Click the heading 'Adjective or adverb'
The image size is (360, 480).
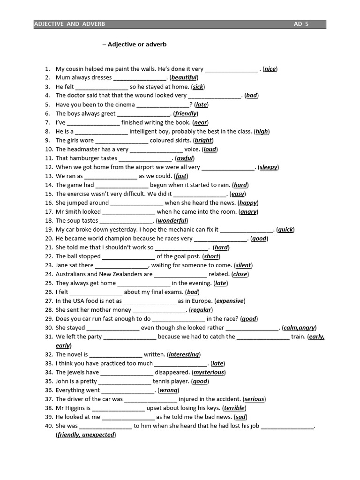(x=137, y=45)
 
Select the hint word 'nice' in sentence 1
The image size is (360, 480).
(x=270, y=69)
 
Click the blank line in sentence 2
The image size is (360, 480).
(x=140, y=78)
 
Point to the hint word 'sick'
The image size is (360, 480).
(x=198, y=87)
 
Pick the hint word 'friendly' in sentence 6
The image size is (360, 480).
(x=186, y=113)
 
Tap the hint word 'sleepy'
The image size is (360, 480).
(x=269, y=167)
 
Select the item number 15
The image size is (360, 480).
(x=49, y=194)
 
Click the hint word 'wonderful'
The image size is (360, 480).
(x=172, y=221)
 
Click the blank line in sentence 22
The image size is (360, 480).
(x=128, y=257)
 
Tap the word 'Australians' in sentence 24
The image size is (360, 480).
(x=71, y=274)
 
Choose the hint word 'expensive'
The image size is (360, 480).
(x=230, y=301)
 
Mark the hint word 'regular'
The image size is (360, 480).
(x=201, y=310)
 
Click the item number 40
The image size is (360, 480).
(x=49, y=426)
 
